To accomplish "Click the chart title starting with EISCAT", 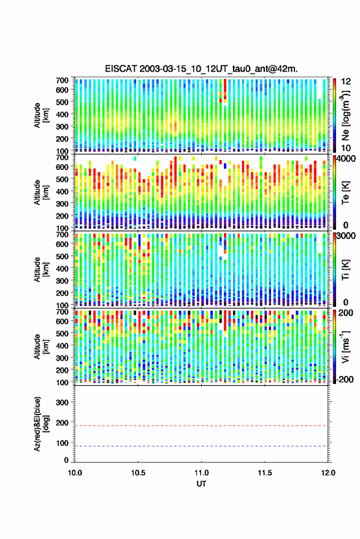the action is click(201, 69).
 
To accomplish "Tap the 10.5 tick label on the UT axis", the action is click(138, 473).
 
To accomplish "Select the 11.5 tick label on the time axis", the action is click(265, 473).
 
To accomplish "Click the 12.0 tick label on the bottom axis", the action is click(328, 473).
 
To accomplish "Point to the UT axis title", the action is click(201, 484).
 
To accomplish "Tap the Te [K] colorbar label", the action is click(346, 193).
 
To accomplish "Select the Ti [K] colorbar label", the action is click(346, 270).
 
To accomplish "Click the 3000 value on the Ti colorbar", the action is click(345, 236).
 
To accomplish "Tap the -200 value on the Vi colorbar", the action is click(344, 380).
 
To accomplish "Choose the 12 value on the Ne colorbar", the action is click(346, 82).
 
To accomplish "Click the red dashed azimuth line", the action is click(201, 426).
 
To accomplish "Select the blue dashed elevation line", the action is click(201, 446).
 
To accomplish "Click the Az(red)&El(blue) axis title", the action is click(41, 424).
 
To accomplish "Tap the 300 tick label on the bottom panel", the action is click(62, 402).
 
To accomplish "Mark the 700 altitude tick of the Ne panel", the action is click(62, 80).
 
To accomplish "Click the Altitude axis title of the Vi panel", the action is click(41, 346).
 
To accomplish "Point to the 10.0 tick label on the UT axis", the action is click(75, 473).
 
